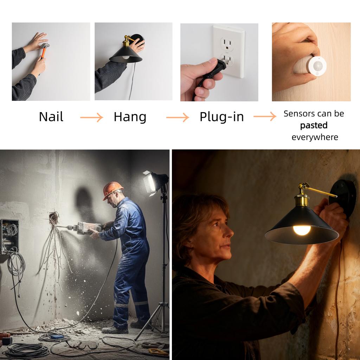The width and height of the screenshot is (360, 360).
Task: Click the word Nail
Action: (51, 117)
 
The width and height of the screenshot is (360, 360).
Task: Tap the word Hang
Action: (130, 117)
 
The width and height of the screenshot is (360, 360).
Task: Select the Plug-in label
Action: (221, 117)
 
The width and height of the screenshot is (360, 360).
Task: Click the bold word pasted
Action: (314, 126)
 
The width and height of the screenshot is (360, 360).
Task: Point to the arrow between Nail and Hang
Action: (91, 117)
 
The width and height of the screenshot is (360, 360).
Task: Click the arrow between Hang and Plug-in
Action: (178, 117)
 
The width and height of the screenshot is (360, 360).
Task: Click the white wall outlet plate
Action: (229, 51)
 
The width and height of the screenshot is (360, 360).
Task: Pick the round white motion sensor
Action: (317, 66)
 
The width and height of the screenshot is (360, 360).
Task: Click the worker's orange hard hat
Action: (112, 189)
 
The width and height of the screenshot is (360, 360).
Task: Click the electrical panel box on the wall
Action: (9, 236)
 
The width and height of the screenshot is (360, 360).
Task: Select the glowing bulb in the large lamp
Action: (302, 230)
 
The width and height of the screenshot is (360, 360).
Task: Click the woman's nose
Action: (229, 232)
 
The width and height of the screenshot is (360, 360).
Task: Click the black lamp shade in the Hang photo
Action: (126, 56)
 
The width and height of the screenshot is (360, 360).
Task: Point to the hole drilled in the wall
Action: (54, 216)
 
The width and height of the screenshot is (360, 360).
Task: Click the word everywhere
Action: (315, 137)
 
